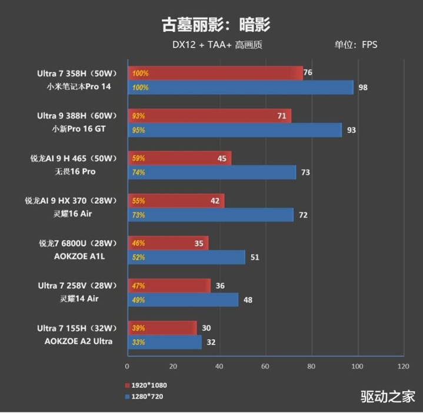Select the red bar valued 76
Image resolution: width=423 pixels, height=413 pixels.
[x=215, y=73]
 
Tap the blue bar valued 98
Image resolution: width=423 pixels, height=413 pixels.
[x=240, y=88]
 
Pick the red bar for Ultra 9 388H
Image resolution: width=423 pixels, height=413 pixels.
[x=209, y=116]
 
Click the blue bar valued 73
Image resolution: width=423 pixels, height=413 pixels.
[x=211, y=172]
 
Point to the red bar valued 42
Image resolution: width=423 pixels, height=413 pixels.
[x=175, y=201]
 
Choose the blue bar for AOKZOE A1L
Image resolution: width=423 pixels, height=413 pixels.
[x=186, y=257]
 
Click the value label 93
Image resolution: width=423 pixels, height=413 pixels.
[x=351, y=130]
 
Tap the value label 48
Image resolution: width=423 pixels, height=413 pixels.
[x=248, y=300]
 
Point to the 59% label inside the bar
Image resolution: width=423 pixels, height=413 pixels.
[x=139, y=159]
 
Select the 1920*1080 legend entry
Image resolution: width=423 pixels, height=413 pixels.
[x=146, y=385]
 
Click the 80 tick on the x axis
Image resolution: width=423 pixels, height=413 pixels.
[x=311, y=366]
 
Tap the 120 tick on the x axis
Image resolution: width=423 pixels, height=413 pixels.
[x=403, y=366]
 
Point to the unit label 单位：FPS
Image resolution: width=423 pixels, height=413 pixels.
[x=356, y=45]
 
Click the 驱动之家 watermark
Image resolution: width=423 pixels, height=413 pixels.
[x=388, y=397]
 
